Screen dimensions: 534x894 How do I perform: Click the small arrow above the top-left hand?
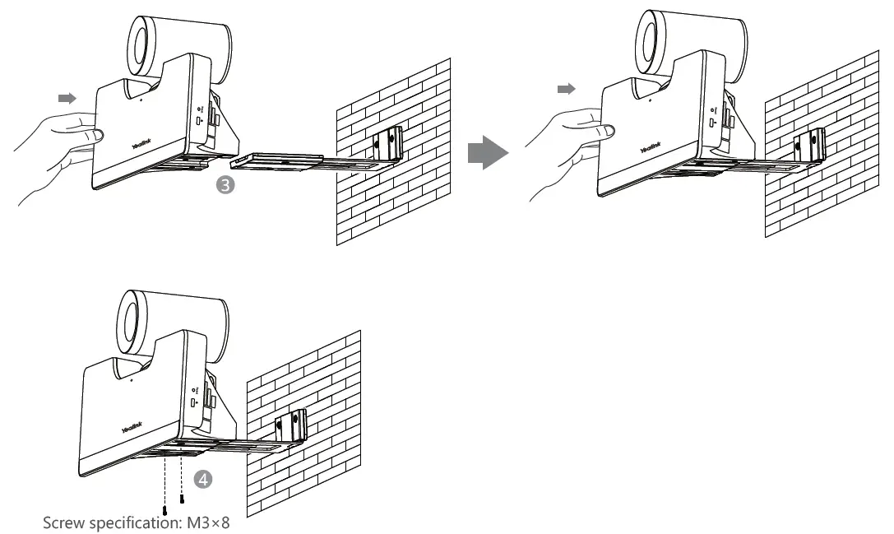coord(67,98)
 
